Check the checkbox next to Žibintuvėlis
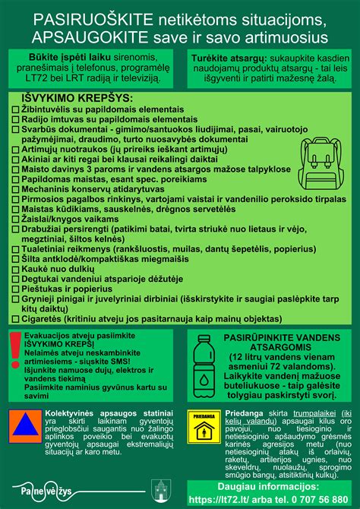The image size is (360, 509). (16, 109)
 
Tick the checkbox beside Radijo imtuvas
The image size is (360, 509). (16, 119)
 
